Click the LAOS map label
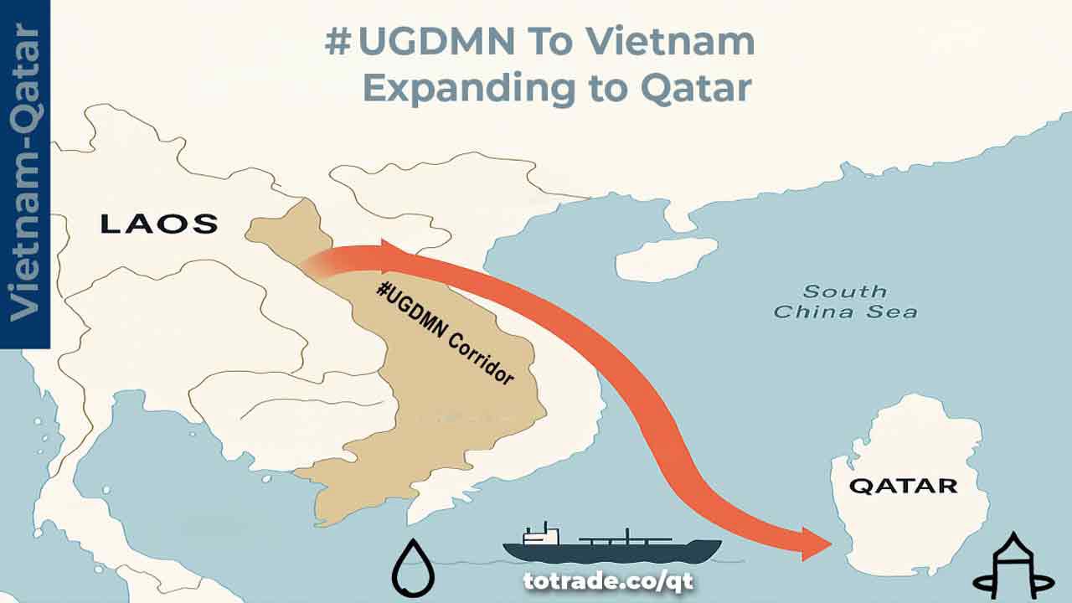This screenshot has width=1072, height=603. pyautogui.click(x=159, y=224)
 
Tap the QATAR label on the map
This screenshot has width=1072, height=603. pyautogui.click(x=903, y=486)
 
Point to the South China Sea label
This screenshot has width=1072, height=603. pyautogui.click(x=844, y=301)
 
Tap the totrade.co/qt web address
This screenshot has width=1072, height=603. pyautogui.click(x=608, y=580)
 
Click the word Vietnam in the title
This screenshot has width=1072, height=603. pyautogui.click(x=673, y=42)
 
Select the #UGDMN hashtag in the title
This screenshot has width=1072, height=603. pyautogui.click(x=406, y=42)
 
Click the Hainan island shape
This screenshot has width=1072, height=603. pyautogui.click(x=666, y=259)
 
